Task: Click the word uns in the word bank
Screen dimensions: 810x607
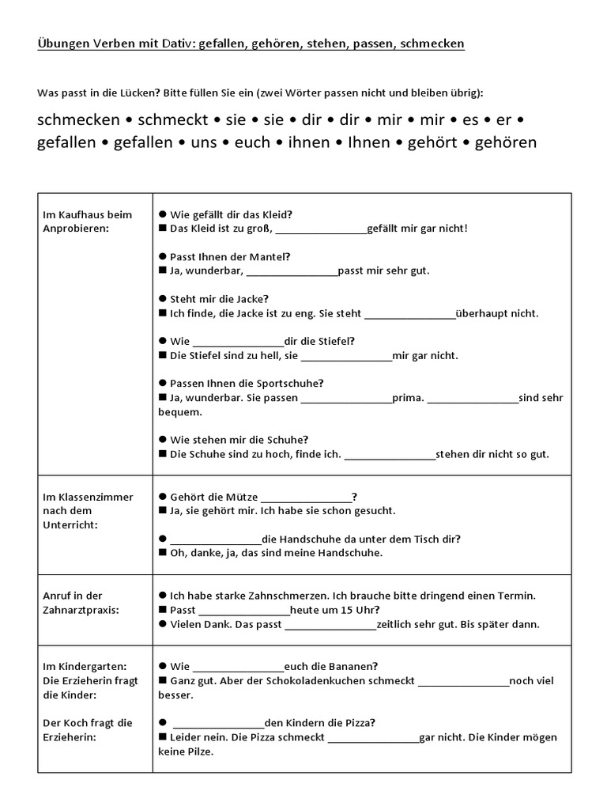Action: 221,142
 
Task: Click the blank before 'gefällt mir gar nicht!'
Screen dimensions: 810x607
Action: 322,229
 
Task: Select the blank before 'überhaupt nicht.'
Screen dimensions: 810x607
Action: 410,313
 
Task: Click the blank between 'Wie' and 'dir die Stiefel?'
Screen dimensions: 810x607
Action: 238,341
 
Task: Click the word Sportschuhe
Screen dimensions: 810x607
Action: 288,384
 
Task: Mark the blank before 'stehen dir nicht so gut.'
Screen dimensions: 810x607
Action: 390,454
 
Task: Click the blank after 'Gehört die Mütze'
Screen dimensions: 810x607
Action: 306,497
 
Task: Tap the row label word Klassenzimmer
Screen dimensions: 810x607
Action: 88,497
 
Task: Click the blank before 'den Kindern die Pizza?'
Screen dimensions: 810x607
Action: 218,722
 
